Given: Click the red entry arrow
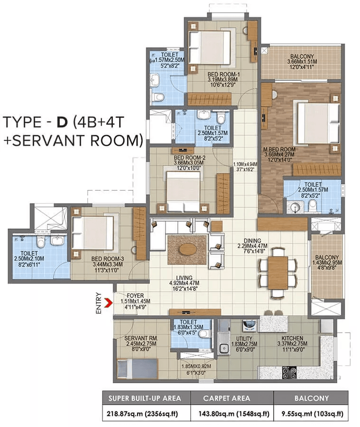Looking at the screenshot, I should point(108,302).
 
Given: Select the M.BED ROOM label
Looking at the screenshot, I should point(279,149).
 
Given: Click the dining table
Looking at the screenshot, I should point(277,272).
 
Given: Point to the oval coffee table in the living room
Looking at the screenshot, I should point(187,249).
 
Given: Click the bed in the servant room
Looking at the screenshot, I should point(137,368).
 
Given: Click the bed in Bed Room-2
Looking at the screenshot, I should point(183,191).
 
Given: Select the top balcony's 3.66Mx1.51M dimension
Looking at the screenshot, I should point(302,61).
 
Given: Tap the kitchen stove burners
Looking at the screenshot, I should point(289,373).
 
